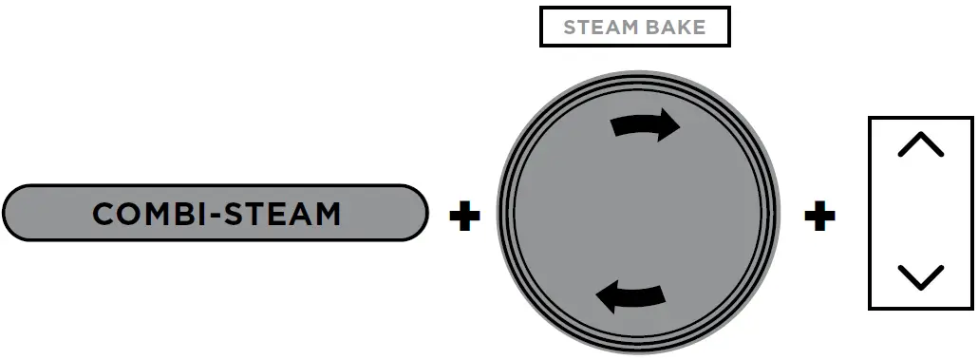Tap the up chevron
click(920, 145)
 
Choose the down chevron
click(920, 276)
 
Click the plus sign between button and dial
click(464, 217)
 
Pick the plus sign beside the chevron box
click(819, 217)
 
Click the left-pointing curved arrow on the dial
click(629, 297)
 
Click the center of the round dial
click(637, 211)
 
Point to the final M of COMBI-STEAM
click(324, 214)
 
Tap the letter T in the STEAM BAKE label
click(581, 28)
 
